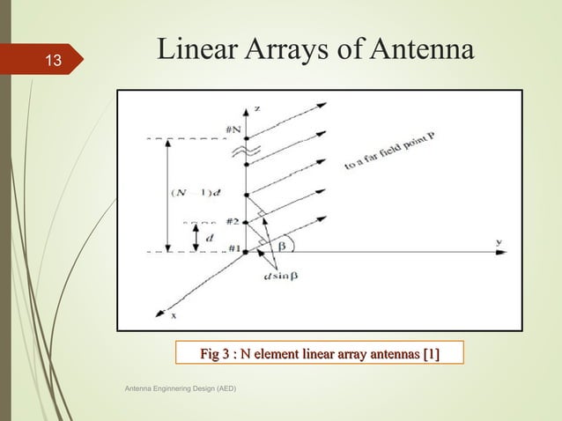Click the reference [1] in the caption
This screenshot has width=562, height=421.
tap(430, 355)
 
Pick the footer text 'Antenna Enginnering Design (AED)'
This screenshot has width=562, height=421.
tap(177, 388)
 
